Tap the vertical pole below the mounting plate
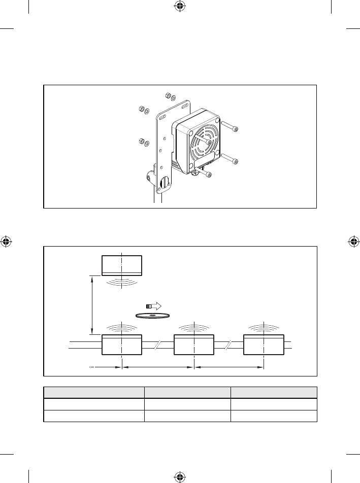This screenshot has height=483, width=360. click(157, 198)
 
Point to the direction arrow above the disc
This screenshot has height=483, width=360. click(153, 306)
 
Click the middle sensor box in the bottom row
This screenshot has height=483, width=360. click(194, 345)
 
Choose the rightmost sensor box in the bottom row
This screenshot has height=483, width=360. click(264, 345)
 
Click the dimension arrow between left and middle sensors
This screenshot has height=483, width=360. click(158, 366)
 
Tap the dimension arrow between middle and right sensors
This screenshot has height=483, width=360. click(230, 366)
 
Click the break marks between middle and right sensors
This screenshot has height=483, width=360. click(228, 345)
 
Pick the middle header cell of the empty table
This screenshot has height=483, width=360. click(187, 392)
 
